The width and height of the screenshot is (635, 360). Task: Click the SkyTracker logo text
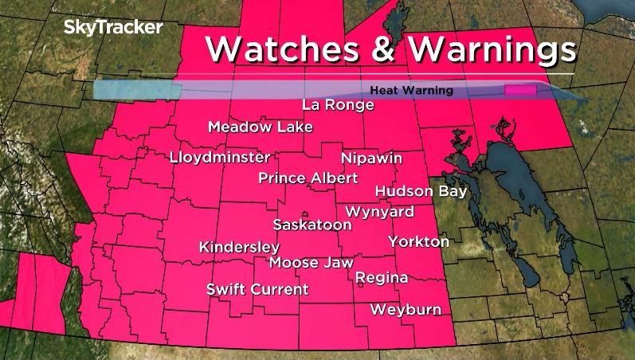(113, 28)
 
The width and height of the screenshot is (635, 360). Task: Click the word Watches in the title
(283, 49)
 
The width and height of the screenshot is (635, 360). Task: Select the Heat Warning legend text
(411, 91)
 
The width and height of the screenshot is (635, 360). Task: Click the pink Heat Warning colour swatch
(519, 91)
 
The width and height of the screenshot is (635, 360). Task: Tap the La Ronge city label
(338, 105)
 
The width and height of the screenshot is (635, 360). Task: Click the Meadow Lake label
(260, 127)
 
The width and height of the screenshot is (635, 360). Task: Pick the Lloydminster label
(220, 158)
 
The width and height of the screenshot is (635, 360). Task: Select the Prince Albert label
(308, 178)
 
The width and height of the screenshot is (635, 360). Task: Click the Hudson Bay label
(421, 191)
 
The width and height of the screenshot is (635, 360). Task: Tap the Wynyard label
(379, 212)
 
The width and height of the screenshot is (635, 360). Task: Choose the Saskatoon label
(312, 225)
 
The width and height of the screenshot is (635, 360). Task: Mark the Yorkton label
(419, 241)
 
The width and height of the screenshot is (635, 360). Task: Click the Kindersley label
(239, 247)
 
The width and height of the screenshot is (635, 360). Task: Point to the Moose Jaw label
(311, 262)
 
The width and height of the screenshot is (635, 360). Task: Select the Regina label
(381, 278)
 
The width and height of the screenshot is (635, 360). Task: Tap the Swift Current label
(257, 289)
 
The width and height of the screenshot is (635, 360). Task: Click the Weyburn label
(406, 310)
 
